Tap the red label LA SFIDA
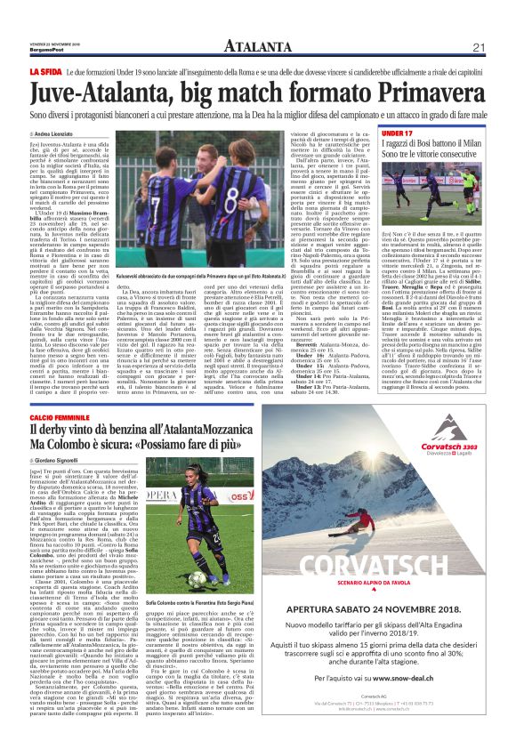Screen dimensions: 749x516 45,68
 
